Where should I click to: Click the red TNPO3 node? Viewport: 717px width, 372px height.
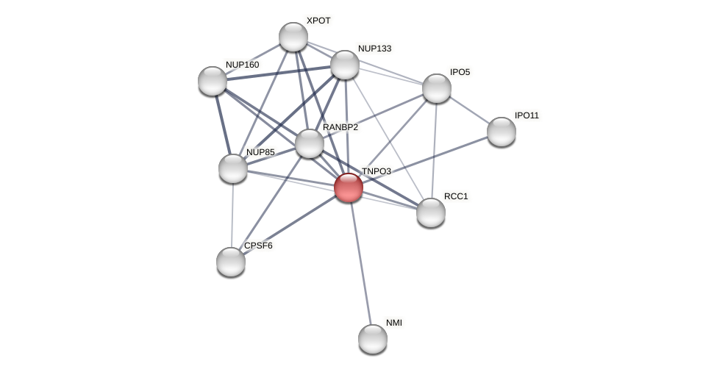tap(348, 187)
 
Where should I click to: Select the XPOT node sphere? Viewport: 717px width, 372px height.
tap(293, 37)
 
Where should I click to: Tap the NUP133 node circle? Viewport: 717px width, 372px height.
tap(344, 65)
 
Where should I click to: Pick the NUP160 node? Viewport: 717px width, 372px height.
tap(213, 81)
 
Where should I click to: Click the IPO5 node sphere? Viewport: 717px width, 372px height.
tap(436, 88)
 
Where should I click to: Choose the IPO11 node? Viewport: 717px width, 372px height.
tap(501, 132)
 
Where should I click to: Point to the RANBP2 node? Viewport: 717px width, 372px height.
tap(309, 143)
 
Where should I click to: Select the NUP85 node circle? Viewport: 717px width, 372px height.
tap(233, 168)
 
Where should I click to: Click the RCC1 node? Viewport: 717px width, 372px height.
tap(430, 212)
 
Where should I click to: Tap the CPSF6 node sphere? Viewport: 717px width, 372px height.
tap(231, 262)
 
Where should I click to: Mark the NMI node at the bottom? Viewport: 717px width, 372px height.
tap(373, 339)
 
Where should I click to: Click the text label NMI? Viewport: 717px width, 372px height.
tap(394, 323)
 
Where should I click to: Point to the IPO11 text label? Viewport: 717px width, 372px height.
tap(527, 115)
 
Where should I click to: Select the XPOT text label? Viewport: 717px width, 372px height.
tap(318, 21)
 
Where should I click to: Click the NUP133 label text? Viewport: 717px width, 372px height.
tap(374, 49)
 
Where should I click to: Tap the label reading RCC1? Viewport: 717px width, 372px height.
tap(456, 196)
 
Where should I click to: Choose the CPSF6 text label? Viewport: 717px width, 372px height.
tap(258, 246)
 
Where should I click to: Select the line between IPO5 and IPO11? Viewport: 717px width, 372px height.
tap(468, 110)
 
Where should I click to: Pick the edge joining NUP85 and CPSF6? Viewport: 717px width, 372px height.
tap(232, 215)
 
